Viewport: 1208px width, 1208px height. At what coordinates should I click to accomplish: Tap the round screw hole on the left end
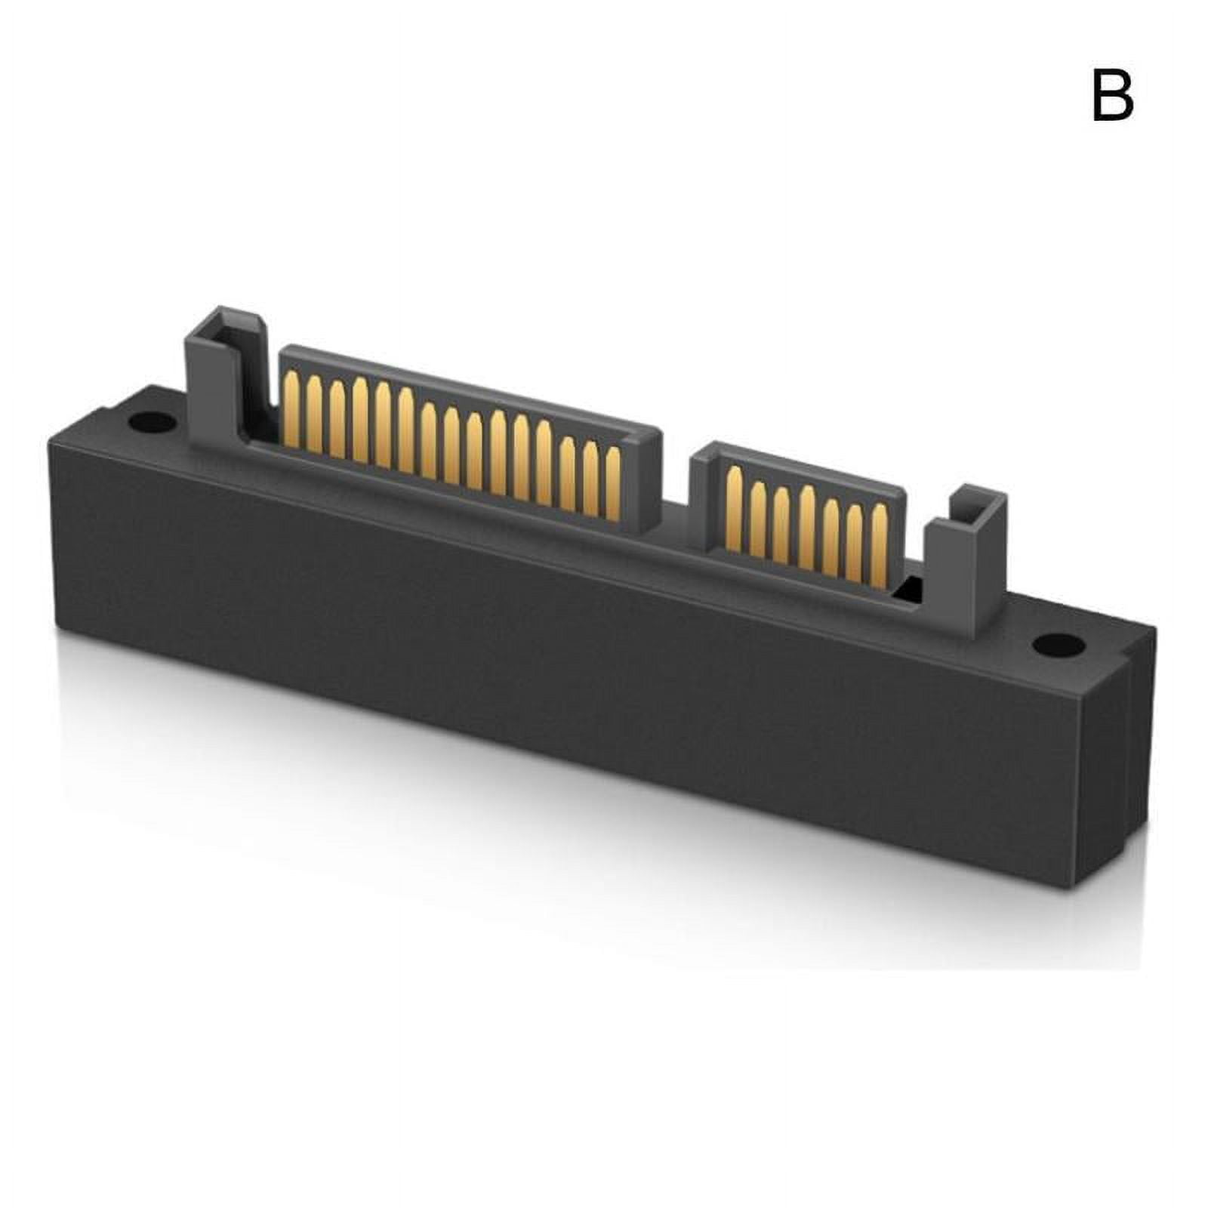(148, 422)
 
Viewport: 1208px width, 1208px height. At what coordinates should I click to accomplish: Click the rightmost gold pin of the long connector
(612, 484)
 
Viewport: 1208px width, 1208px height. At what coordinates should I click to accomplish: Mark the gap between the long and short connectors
(676, 491)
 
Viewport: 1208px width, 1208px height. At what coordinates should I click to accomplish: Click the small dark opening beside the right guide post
(912, 586)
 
